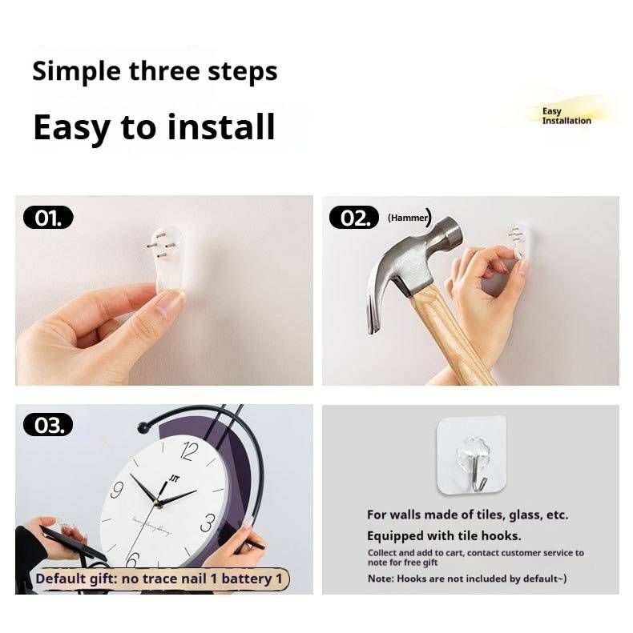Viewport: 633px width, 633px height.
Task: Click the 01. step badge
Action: coord(48,218)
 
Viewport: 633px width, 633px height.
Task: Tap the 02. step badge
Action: coord(354,218)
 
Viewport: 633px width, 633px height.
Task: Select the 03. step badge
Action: coord(48,425)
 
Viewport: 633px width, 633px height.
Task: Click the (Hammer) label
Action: coord(409,218)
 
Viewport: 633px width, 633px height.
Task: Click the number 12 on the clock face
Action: coord(189,451)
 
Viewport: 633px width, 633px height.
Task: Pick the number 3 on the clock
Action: coord(208,523)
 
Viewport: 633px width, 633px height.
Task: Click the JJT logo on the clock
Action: coord(174,479)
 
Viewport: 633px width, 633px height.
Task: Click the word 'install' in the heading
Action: coord(221,126)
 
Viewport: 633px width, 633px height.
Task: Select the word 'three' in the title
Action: coord(164,71)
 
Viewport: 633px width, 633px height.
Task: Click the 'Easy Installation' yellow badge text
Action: coord(566,116)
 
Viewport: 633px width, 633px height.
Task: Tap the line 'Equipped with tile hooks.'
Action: coord(444,536)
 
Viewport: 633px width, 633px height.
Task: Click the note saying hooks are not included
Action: coord(467,579)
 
